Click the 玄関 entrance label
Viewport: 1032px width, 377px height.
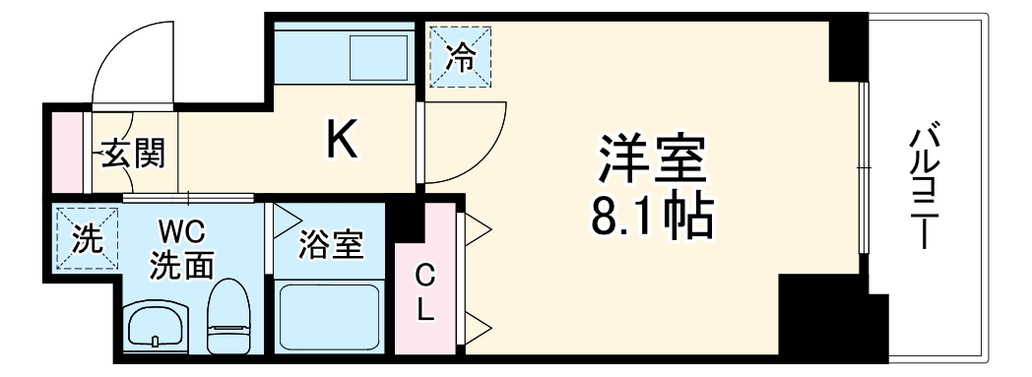130,154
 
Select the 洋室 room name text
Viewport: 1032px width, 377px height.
653,157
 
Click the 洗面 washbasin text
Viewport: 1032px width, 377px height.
182,264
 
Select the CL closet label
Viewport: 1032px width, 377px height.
424,292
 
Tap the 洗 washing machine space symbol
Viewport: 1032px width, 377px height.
85,240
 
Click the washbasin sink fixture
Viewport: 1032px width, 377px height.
156,324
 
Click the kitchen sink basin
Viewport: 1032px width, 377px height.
378,55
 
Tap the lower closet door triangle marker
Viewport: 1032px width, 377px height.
479,326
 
